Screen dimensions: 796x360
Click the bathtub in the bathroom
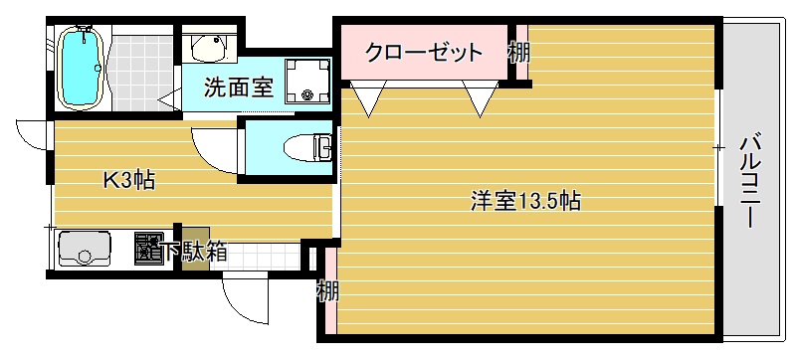(81, 67)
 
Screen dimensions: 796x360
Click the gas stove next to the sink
(148, 248)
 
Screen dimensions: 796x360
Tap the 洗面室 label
(239, 88)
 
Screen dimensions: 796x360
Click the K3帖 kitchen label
(129, 180)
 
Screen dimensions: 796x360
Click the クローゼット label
(424, 53)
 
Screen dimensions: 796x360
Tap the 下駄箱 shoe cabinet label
(196, 252)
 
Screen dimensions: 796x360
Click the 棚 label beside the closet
(518, 52)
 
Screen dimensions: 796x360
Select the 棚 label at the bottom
(327, 291)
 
